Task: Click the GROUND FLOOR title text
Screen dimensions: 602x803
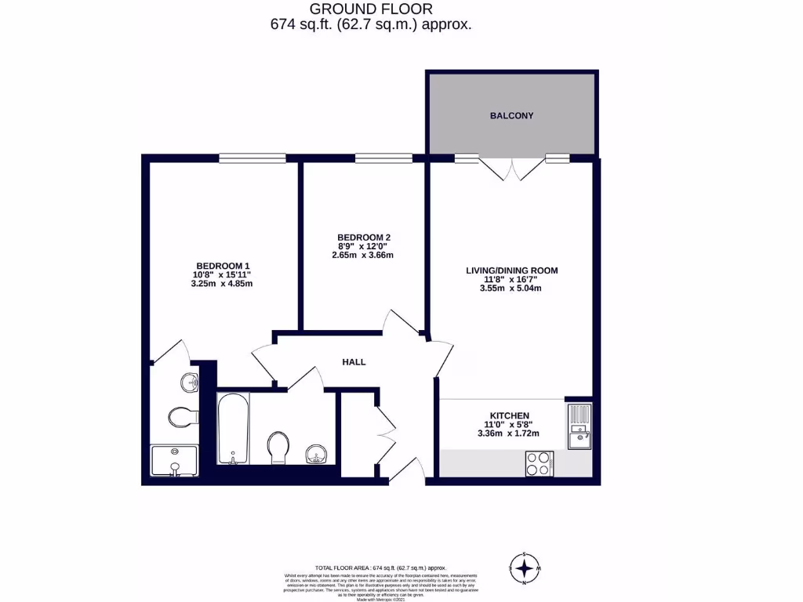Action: pyautogui.click(x=370, y=9)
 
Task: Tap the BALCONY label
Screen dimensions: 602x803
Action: pyautogui.click(x=511, y=116)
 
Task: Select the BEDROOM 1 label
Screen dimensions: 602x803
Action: pyautogui.click(x=223, y=265)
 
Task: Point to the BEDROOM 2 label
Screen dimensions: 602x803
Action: pyautogui.click(x=364, y=238)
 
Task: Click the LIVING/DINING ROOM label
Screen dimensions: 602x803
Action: pyautogui.click(x=511, y=270)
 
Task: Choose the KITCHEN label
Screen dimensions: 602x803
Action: pyautogui.click(x=509, y=415)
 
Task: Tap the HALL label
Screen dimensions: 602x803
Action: pyautogui.click(x=354, y=362)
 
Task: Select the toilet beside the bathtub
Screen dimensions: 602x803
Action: pyautogui.click(x=278, y=448)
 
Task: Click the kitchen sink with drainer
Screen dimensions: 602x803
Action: pyautogui.click(x=580, y=426)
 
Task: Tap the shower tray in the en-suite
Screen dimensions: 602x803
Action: pyautogui.click(x=174, y=461)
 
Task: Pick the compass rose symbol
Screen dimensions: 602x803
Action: pyautogui.click(x=526, y=566)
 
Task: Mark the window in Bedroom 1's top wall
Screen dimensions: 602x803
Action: pyautogui.click(x=253, y=158)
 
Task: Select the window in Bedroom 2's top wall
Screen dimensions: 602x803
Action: pyautogui.click(x=383, y=158)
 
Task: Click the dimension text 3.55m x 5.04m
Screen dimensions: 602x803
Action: pyautogui.click(x=511, y=288)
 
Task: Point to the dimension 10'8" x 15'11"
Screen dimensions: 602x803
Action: pyautogui.click(x=223, y=274)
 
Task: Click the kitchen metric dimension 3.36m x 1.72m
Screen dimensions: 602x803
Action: pyautogui.click(x=508, y=434)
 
